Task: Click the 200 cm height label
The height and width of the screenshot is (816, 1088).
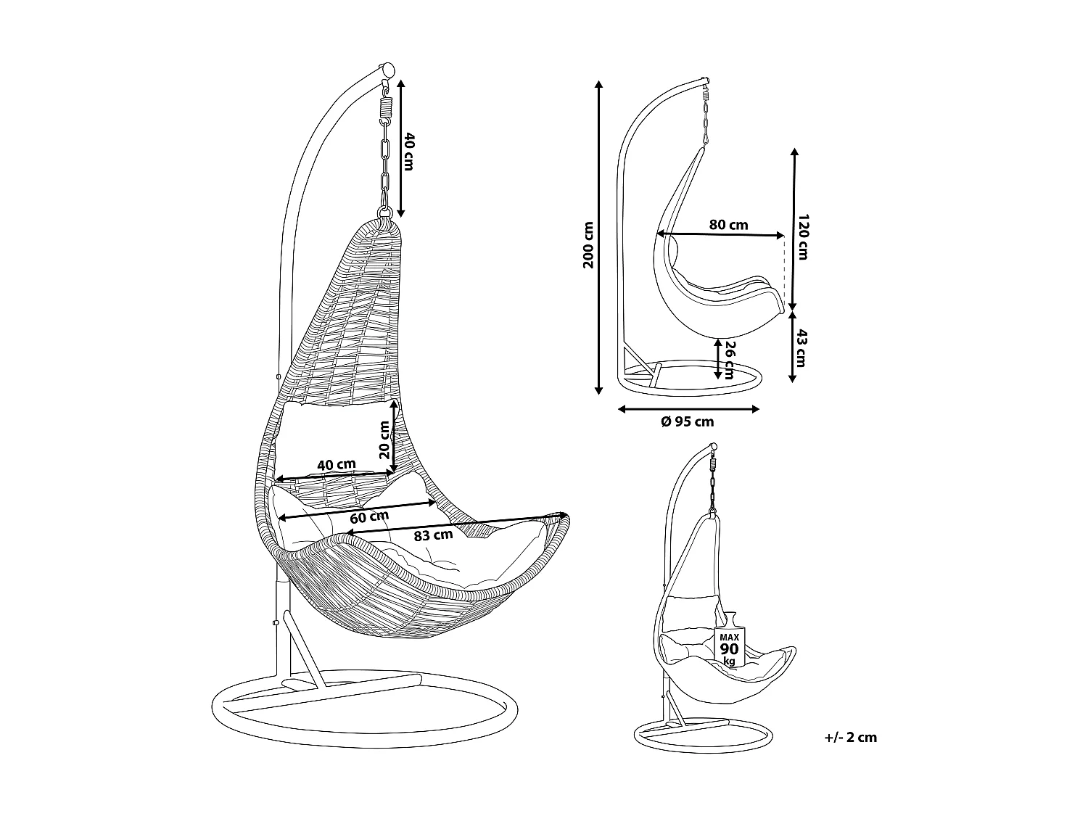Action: point(588,244)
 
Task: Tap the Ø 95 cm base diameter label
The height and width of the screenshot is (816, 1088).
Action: point(688,421)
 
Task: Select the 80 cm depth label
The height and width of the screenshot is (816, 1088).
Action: point(728,225)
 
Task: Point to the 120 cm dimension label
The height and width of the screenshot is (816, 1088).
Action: point(803,237)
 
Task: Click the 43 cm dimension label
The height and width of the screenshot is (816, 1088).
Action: point(801,348)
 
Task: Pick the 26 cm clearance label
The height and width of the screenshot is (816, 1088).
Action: point(729,360)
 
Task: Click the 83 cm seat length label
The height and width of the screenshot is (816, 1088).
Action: point(433,535)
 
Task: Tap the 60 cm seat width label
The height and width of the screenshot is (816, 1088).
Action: point(369,517)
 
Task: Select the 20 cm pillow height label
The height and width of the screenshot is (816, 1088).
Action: point(384,440)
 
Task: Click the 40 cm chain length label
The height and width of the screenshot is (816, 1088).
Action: point(409,152)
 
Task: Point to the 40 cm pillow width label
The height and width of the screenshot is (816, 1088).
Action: point(337,465)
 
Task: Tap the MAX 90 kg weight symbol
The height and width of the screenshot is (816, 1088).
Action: point(730,640)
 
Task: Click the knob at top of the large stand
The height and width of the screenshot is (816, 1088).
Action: point(387,70)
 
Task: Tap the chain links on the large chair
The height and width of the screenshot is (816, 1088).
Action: point(385,163)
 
